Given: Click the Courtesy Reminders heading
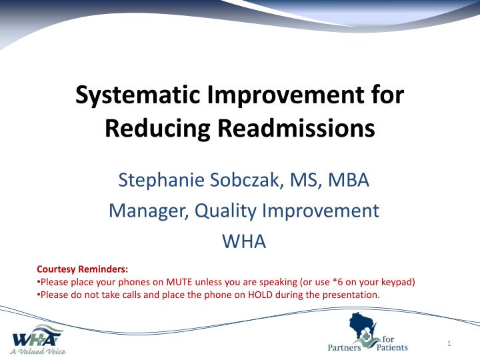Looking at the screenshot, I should [82, 269].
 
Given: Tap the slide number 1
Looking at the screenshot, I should [450, 343].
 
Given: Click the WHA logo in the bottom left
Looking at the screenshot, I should [37, 335].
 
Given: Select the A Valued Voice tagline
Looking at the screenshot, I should [37, 350].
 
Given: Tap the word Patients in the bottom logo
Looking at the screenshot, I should [392, 347].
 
